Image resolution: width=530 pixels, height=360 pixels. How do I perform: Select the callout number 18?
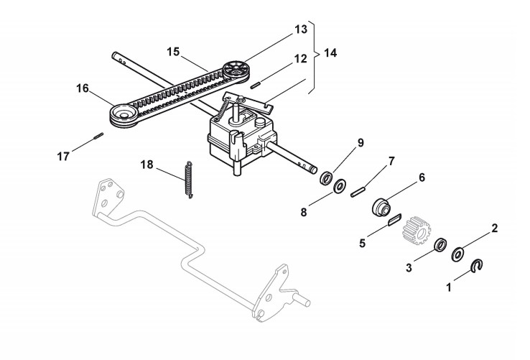point(147,165)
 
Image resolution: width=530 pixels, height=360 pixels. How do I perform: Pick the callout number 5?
point(363,244)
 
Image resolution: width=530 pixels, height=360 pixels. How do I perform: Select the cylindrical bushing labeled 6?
point(381,208)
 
